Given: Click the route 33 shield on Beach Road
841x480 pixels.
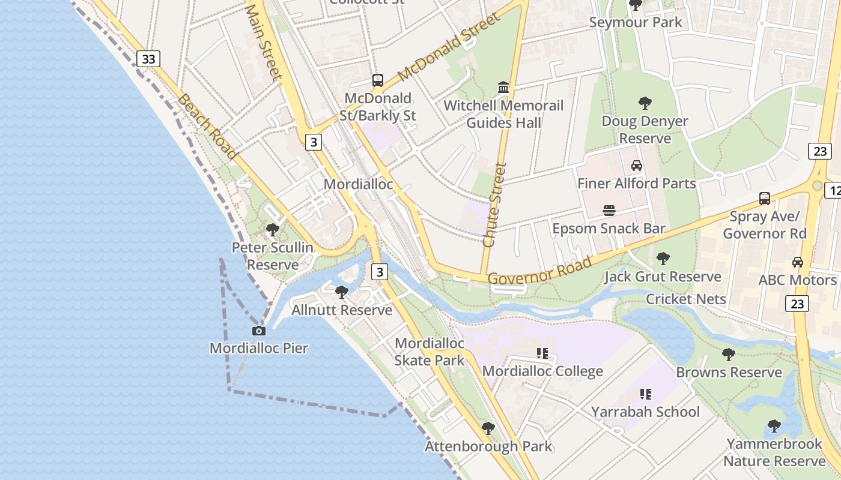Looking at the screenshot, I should pos(148,59).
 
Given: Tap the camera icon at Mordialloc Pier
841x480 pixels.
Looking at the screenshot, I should pos(259,331).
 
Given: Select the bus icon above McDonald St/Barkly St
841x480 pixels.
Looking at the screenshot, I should pos(378,80).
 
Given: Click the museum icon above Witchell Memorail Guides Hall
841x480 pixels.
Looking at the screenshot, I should pos(503,88).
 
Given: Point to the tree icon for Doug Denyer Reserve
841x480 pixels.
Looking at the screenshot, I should pos(645,103).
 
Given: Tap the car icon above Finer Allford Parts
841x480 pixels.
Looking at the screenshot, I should pos(637,165).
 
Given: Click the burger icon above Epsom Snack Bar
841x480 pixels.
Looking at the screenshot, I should pos(609,210).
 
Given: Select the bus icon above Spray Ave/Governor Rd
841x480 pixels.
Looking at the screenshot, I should pos(765,198).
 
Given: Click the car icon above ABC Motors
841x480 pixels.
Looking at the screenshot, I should pos(798,262).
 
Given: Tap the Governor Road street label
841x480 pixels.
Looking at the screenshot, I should pos(539,271).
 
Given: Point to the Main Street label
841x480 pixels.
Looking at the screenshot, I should pos(264,41).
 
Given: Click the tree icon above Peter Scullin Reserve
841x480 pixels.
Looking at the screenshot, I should pos(273,229).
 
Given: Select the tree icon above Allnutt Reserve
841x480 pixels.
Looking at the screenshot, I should pos(342,292).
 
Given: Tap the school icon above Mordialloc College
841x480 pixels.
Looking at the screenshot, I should pos(542,353).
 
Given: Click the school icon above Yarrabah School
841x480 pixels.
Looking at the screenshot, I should pos(646,394).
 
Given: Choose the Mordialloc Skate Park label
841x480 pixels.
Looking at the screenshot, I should pos(430,352).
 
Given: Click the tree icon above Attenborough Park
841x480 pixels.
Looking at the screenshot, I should pos(488,428).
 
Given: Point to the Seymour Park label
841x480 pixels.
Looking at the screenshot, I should pos(636,22).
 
